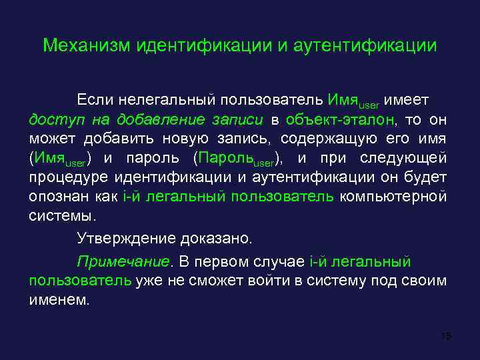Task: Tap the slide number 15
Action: pos(446,335)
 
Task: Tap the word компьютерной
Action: pos(393,197)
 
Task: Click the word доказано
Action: pos(221,238)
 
